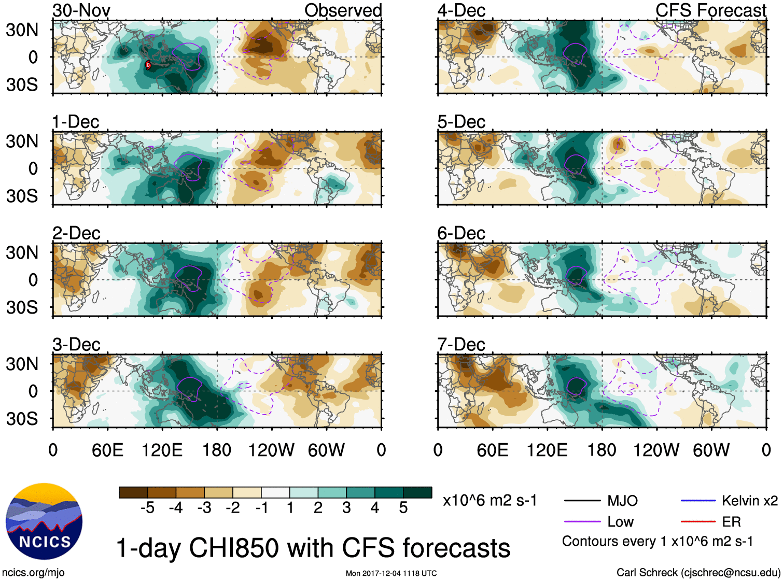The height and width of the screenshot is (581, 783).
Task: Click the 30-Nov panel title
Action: point(81,10)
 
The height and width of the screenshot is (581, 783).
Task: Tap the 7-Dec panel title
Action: point(461,345)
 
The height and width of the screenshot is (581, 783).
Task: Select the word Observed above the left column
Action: point(343,10)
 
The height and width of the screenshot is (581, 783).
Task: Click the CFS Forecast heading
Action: point(710,10)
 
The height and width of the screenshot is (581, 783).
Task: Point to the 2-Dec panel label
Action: point(76,233)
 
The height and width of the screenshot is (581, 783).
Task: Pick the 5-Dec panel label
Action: point(461,122)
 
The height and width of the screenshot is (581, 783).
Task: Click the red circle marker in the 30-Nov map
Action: point(148,65)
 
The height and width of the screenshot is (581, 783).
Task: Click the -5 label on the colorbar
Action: point(147,508)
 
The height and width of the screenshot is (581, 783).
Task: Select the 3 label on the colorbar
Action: point(346,508)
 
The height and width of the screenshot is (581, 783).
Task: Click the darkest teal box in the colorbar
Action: point(417,492)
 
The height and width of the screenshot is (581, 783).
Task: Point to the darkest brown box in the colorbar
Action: point(133,492)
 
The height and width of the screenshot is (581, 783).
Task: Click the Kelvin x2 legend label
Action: point(749,501)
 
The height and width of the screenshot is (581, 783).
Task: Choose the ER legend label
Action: point(731,521)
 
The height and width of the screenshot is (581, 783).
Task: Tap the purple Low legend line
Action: point(582,521)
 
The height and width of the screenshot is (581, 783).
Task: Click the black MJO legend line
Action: point(582,501)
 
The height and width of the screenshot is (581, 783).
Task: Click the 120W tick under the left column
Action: point(271,450)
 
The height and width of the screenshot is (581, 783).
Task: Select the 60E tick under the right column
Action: point(492,450)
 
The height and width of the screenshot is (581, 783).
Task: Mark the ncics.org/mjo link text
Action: point(33,572)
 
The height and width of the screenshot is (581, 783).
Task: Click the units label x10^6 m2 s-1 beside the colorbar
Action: point(490,501)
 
